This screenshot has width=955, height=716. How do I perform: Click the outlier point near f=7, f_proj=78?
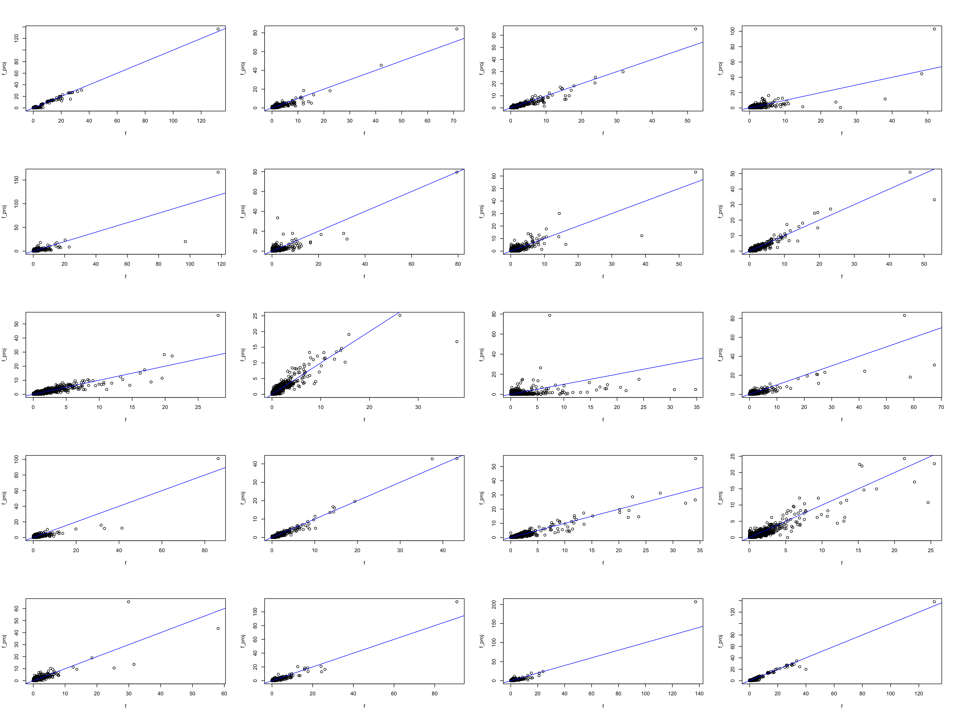pyautogui.click(x=550, y=315)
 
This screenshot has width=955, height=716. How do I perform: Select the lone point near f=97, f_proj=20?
pyautogui.click(x=185, y=242)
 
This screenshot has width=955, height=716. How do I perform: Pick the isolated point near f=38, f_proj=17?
pyautogui.click(x=457, y=342)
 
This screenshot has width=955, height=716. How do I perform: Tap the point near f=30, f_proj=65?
pyautogui.click(x=129, y=602)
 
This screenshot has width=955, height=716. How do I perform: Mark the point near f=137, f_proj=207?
pyautogui.click(x=696, y=602)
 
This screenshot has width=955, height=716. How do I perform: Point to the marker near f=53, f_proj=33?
pyautogui.click(x=934, y=200)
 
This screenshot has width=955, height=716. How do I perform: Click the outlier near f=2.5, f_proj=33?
pyautogui.click(x=278, y=218)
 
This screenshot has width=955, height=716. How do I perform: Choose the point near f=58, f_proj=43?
pyautogui.click(x=218, y=628)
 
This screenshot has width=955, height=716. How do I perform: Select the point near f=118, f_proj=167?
pyautogui.click(x=218, y=172)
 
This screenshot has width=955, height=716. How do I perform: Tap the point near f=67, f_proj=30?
pyautogui.click(x=934, y=365)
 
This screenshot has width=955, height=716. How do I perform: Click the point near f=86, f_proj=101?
pyautogui.click(x=218, y=458)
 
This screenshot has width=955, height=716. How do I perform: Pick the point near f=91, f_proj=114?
pyautogui.click(x=457, y=602)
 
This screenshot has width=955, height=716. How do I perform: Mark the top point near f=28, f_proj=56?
pyautogui.click(x=218, y=315)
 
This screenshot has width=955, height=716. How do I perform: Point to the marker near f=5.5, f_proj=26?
pyautogui.click(x=540, y=368)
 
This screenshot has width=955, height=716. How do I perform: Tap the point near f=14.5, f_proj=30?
pyautogui.click(x=559, y=213)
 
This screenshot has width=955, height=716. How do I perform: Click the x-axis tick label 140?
pyautogui.click(x=699, y=694)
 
